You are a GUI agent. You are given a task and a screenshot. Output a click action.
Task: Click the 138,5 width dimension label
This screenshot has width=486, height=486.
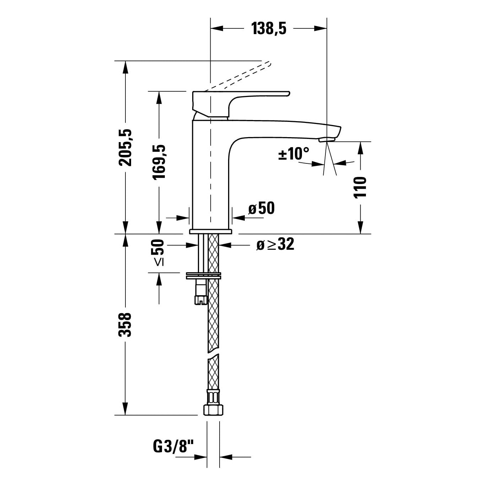click(269, 28)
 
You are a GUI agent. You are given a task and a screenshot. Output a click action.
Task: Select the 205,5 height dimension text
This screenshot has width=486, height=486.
click(125, 147)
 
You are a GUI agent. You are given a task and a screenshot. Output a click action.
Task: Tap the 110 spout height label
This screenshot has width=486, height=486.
click(360, 188)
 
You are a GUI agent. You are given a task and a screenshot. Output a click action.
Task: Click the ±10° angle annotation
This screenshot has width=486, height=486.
click(293, 153)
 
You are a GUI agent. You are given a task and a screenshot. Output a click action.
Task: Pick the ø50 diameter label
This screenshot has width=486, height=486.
click(261, 208)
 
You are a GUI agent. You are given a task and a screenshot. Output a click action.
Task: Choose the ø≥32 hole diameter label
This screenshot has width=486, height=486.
click(275, 244)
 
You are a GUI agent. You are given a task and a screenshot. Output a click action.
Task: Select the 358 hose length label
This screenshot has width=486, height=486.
click(125, 325)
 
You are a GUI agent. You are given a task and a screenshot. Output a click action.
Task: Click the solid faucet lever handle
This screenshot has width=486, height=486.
click(241, 103)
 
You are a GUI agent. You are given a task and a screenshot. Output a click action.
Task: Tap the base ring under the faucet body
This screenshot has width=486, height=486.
click(210, 232)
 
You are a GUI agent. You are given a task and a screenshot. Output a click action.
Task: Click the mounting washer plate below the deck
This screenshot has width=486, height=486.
click(203, 275)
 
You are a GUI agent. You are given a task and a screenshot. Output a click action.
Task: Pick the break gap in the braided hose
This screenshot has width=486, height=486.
click(213, 353)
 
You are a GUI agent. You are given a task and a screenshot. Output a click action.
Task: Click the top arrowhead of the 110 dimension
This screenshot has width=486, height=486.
click(361, 148)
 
